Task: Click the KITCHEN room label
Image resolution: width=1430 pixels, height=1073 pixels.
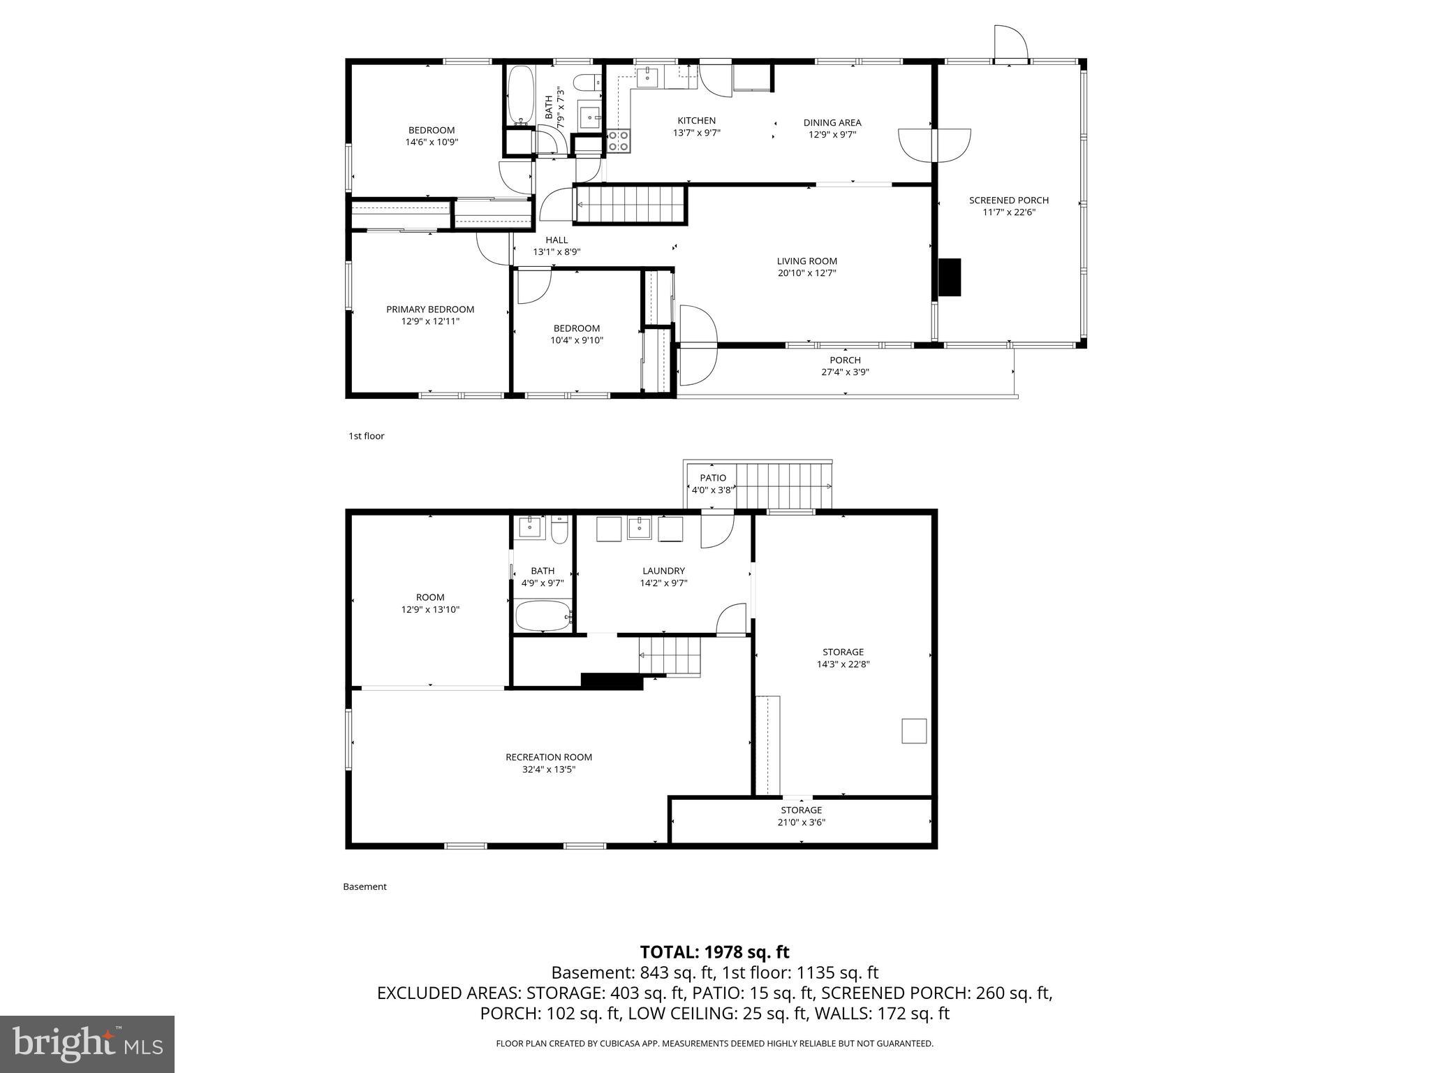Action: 696,121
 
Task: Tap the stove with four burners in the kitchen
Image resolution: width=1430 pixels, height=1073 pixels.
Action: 619,142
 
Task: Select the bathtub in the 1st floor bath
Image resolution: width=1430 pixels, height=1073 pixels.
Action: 519,96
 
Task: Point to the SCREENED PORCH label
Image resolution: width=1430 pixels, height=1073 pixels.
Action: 1008,200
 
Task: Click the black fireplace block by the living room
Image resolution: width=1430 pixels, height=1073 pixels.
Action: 950,277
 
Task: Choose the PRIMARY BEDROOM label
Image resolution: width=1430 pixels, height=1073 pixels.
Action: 430,309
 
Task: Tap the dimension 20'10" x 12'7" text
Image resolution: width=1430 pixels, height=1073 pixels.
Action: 806,273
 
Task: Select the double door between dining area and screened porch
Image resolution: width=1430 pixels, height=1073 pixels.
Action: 934,145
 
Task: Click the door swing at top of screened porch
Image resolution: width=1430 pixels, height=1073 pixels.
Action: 1010,43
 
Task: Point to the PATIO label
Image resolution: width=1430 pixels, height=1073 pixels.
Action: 712,478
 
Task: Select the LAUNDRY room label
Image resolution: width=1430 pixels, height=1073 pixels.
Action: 663,571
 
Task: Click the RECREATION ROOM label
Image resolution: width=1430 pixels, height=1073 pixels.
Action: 549,757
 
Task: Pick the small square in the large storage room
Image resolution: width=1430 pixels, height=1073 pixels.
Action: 914,731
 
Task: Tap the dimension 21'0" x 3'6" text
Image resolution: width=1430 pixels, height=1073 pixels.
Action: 802,822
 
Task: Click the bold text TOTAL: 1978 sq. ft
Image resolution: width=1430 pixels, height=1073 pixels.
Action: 714,952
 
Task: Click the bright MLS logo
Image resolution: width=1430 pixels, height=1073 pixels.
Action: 87,1044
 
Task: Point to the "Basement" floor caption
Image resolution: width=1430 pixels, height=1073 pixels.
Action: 364,886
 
